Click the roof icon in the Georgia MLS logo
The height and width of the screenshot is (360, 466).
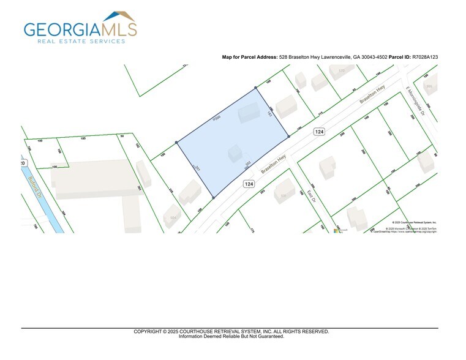119,16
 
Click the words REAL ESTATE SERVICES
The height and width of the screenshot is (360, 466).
81,42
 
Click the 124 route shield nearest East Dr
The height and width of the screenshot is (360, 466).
249,184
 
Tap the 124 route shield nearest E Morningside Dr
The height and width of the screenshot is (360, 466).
318,132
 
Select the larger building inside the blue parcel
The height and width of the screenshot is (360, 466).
249,113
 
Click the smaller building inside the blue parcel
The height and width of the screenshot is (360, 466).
235,152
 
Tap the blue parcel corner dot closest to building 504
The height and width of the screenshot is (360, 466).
213,198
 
